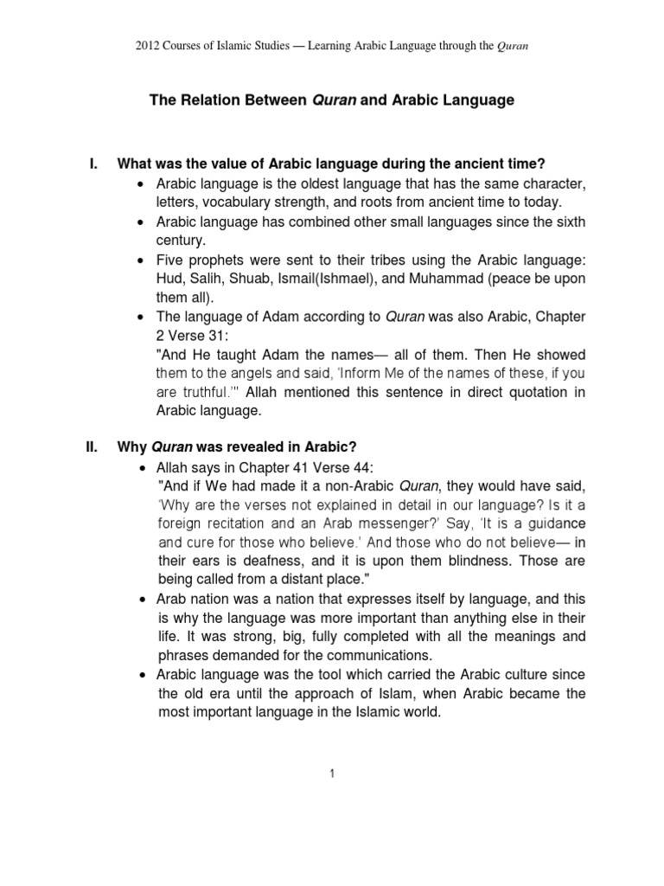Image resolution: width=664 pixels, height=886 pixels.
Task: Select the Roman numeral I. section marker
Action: [x=94, y=164]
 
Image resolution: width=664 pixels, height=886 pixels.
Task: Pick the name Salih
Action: [x=209, y=279]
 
